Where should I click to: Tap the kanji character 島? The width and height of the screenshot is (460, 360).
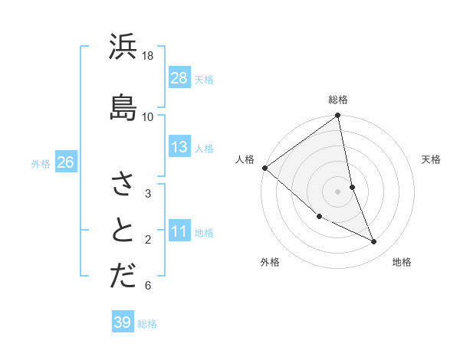click(123, 106)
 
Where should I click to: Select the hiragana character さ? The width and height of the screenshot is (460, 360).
click(123, 184)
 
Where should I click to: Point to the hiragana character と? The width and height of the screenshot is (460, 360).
click(123, 231)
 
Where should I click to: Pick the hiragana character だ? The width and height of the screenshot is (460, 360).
click(123, 277)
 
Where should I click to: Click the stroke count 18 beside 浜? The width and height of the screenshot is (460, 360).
click(148, 56)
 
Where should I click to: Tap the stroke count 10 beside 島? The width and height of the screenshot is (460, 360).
click(148, 116)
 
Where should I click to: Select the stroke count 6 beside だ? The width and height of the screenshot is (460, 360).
click(148, 286)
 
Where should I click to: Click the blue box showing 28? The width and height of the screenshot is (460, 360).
click(179, 78)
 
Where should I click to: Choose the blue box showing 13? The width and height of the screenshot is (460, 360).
click(179, 148)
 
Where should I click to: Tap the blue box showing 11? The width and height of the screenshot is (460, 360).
click(179, 231)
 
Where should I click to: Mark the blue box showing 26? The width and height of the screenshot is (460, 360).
click(65, 162)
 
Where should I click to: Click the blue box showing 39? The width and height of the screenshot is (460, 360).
click(123, 322)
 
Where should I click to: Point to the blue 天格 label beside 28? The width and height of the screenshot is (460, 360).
click(204, 79)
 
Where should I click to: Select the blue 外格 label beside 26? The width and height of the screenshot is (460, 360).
click(41, 163)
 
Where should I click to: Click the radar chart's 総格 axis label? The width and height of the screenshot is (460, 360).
click(338, 100)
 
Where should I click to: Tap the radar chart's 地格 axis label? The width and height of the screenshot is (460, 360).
click(402, 262)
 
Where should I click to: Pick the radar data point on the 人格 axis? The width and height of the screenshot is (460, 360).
click(264, 168)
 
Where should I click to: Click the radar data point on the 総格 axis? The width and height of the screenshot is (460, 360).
click(338, 116)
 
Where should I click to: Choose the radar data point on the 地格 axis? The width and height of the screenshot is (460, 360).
click(374, 242)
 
